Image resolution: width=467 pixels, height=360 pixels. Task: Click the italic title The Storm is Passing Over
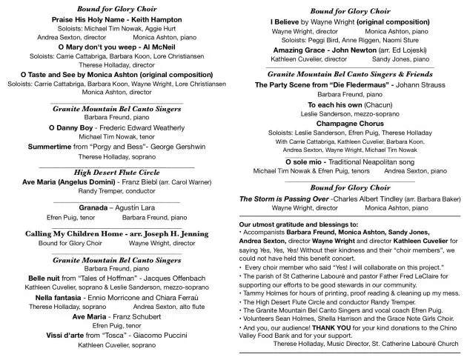coord(284,199)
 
